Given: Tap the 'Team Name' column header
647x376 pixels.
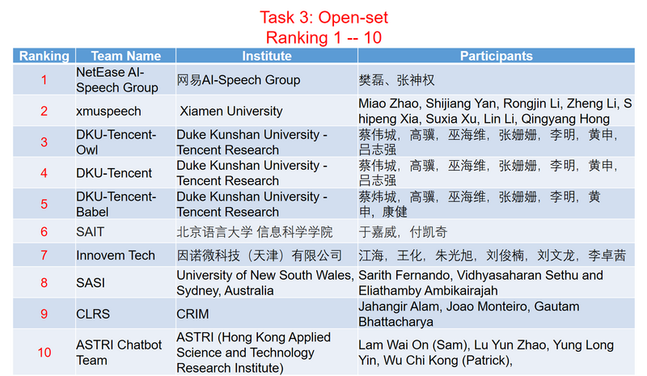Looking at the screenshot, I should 125,56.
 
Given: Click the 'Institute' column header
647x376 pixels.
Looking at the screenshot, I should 266,56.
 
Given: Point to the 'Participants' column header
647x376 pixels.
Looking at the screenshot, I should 496,56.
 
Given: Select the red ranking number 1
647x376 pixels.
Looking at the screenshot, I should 44,80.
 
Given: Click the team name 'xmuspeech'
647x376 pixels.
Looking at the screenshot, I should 108,112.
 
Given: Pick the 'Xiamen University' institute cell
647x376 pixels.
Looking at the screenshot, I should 231,112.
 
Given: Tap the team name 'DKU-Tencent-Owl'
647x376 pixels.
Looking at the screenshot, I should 116,142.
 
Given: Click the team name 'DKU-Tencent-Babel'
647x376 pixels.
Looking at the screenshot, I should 116,204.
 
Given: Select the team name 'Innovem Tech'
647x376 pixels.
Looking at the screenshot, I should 116,256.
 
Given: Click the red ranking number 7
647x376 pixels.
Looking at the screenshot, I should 44,256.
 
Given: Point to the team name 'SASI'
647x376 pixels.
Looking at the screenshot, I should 91,283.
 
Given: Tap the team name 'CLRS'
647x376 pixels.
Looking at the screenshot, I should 93,314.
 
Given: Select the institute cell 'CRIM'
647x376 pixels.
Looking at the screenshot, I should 194,314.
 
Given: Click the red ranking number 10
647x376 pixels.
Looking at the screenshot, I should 44,353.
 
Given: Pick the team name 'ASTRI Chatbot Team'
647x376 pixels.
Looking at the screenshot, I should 119,353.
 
